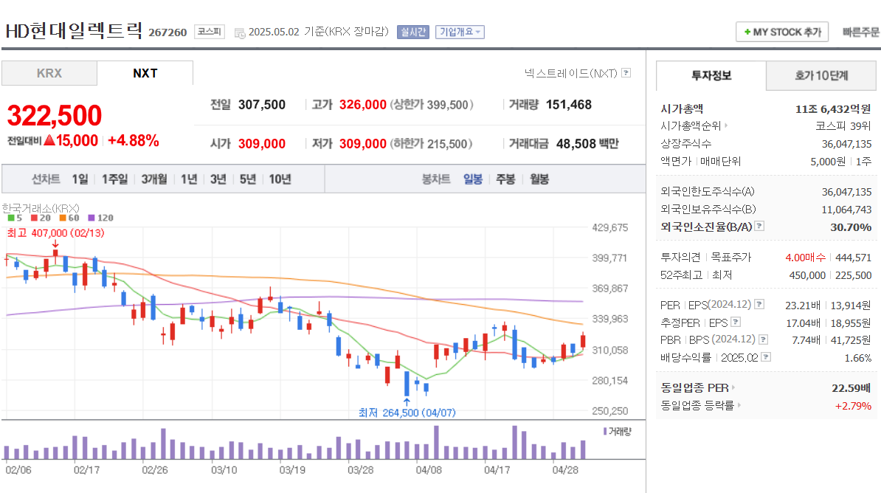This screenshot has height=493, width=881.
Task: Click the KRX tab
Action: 49,73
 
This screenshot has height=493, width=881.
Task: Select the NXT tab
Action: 145,73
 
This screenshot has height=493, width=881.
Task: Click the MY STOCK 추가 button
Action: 782,32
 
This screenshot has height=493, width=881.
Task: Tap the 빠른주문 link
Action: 860,32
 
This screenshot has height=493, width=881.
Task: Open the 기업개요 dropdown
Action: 460,32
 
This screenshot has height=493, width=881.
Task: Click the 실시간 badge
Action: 412,32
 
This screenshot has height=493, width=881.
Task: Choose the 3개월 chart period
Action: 153,179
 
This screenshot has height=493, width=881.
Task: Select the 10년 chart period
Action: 280,179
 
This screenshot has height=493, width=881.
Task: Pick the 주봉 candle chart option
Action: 505,179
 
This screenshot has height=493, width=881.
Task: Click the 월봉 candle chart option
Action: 539,179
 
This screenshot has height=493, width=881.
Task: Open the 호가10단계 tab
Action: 821,75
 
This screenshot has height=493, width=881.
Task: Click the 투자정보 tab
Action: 711,75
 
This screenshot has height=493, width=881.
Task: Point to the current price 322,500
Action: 55,116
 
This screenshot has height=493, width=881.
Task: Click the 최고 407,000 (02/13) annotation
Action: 55,232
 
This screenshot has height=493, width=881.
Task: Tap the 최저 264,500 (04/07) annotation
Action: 407,413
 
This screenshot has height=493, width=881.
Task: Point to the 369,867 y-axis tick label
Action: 610,289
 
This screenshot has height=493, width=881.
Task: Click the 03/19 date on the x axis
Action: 292,469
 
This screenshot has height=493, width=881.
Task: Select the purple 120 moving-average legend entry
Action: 101,218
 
